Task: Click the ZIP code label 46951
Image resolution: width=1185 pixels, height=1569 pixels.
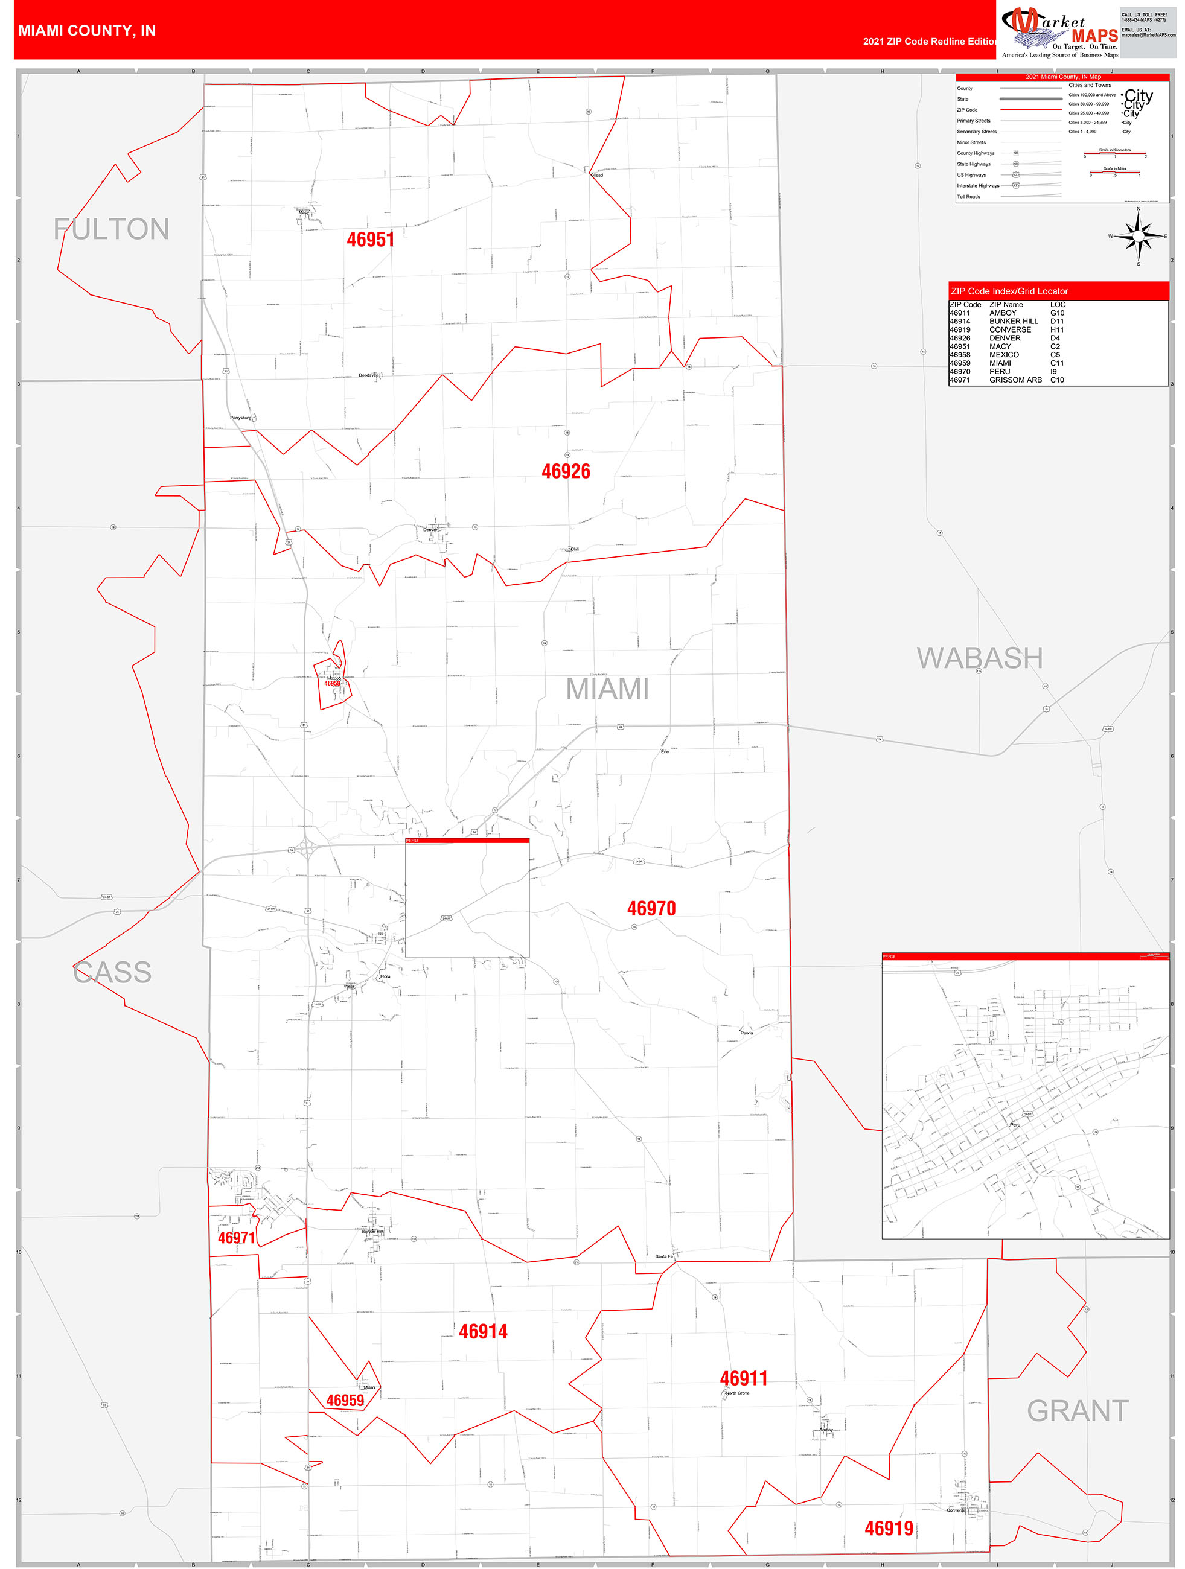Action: (x=371, y=240)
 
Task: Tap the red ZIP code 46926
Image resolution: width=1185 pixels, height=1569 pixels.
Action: (x=566, y=472)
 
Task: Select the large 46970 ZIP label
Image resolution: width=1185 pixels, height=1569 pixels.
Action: (x=651, y=909)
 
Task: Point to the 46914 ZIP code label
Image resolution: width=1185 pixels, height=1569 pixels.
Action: (x=482, y=1331)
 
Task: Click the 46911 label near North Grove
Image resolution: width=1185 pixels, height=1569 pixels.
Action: (x=744, y=1378)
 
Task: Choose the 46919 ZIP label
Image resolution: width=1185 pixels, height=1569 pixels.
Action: (x=889, y=1529)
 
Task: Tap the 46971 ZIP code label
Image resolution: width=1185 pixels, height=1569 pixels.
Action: (x=236, y=1238)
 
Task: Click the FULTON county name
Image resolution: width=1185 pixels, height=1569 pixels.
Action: (x=112, y=229)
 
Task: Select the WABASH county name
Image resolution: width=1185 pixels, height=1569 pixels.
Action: (x=979, y=658)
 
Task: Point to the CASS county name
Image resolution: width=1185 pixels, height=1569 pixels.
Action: (x=112, y=972)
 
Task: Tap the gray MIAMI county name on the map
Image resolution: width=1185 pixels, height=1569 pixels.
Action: (x=607, y=689)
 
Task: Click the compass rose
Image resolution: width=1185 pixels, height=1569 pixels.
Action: (x=1138, y=236)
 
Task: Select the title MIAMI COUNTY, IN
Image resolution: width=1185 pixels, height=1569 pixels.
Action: (x=86, y=31)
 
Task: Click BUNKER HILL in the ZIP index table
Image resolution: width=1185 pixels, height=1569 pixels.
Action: (x=1014, y=321)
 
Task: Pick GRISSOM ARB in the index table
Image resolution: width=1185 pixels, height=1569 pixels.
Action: (x=1015, y=380)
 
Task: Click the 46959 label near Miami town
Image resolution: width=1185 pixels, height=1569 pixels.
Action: (x=345, y=1400)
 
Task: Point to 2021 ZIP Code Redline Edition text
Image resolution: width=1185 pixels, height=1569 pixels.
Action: (x=930, y=41)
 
